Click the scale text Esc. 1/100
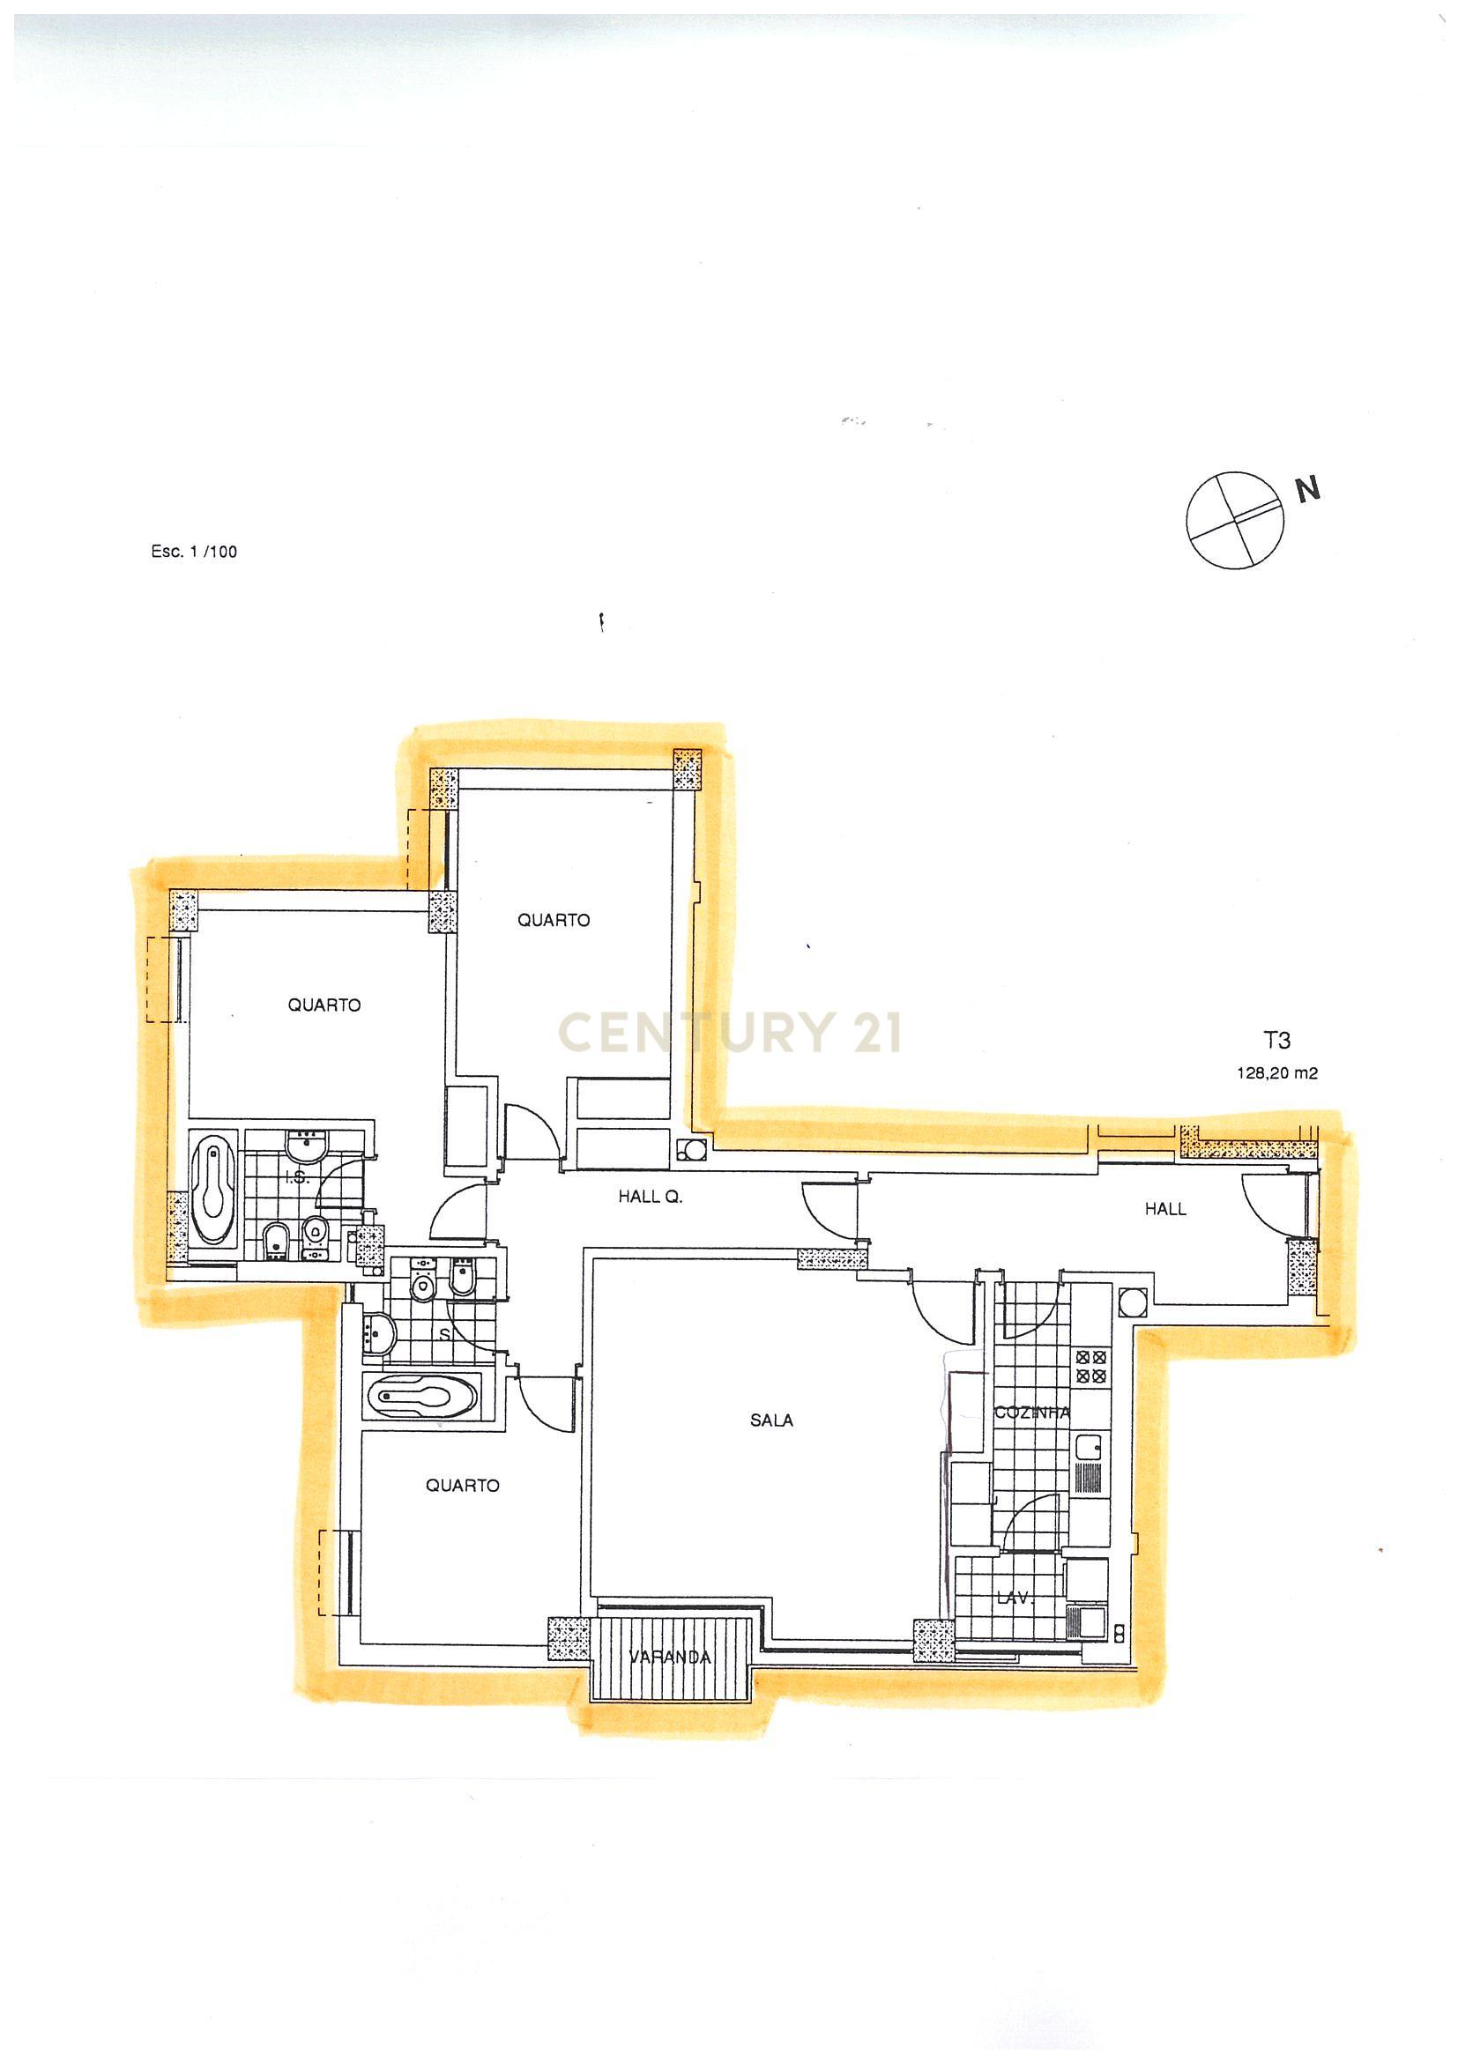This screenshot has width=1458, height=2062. [194, 552]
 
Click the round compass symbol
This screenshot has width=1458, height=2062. [1236, 521]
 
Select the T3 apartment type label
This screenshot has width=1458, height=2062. [1276, 1041]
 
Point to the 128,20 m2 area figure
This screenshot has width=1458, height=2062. [1276, 1072]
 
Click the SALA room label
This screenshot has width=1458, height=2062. [771, 1420]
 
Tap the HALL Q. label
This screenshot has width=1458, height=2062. [651, 1197]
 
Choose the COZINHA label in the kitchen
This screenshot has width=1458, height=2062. [1032, 1412]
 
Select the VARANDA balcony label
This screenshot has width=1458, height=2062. [670, 1657]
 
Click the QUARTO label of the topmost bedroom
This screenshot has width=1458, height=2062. [554, 920]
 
